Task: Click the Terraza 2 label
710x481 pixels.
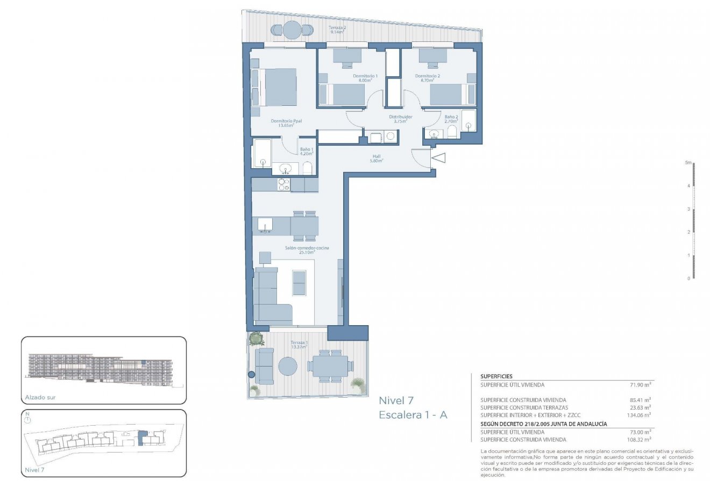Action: click(x=337, y=28)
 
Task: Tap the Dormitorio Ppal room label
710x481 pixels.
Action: click(x=286, y=123)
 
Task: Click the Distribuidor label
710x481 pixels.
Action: click(x=401, y=119)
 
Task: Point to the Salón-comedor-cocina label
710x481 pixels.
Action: click(x=307, y=250)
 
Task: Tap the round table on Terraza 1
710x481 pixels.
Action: click(x=287, y=367)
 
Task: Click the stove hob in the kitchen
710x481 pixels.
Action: click(x=283, y=185)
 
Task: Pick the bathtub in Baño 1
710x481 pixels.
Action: click(x=262, y=153)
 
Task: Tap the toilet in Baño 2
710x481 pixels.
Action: click(x=452, y=132)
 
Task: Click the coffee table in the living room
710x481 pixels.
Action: click(x=299, y=283)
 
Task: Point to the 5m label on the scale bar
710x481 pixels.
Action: click(x=687, y=162)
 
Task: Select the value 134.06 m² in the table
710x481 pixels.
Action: click(x=638, y=415)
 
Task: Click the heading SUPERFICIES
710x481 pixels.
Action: click(x=496, y=377)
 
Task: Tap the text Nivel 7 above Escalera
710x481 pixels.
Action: click(x=396, y=400)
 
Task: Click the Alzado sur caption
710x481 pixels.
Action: click(x=40, y=398)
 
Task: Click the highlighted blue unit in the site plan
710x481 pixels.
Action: click(x=142, y=438)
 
